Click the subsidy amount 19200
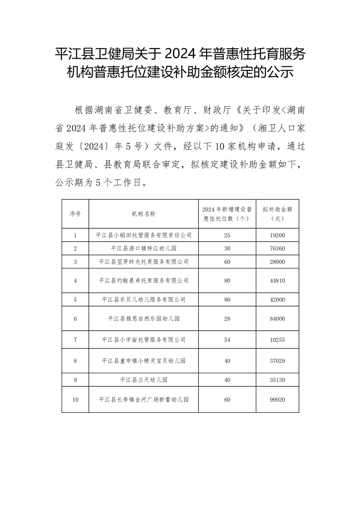coord(277,235)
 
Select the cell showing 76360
coord(277,248)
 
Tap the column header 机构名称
coord(143,213)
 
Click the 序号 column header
coord(75,213)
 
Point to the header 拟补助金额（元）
coord(277,213)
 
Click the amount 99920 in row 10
coord(277,400)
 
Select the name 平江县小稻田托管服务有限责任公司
coord(143,235)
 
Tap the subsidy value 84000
coord(277,319)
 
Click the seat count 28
coord(227,319)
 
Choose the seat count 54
coord(227,339)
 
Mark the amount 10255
coord(277,339)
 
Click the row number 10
coord(75,400)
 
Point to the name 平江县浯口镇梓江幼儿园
coord(143,248)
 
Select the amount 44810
coord(277,280)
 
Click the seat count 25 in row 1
coord(227,235)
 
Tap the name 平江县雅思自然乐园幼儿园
coord(143,319)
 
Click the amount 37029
coord(277,361)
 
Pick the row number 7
coord(75,339)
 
